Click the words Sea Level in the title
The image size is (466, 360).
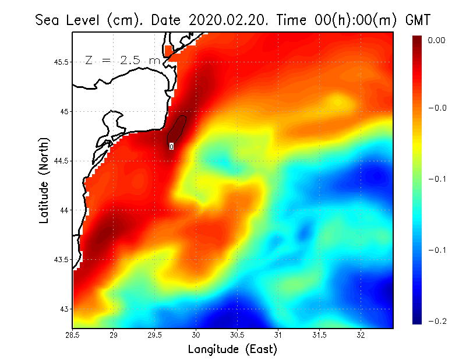click(x=69, y=20)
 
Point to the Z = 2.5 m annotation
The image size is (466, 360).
click(x=122, y=60)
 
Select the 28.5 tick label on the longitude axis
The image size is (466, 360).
click(x=73, y=335)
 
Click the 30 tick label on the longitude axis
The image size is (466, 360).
click(x=196, y=335)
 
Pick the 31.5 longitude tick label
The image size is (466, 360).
click(x=320, y=335)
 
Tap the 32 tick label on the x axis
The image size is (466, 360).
click(x=361, y=335)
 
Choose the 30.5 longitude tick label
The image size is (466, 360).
click(x=238, y=335)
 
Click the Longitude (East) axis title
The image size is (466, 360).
click(x=232, y=350)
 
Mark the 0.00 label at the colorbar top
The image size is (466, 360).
click(x=437, y=40)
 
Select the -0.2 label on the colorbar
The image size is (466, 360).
click(x=437, y=321)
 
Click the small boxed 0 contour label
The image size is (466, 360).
click(x=171, y=147)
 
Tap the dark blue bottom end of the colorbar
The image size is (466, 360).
click(x=418, y=320)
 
